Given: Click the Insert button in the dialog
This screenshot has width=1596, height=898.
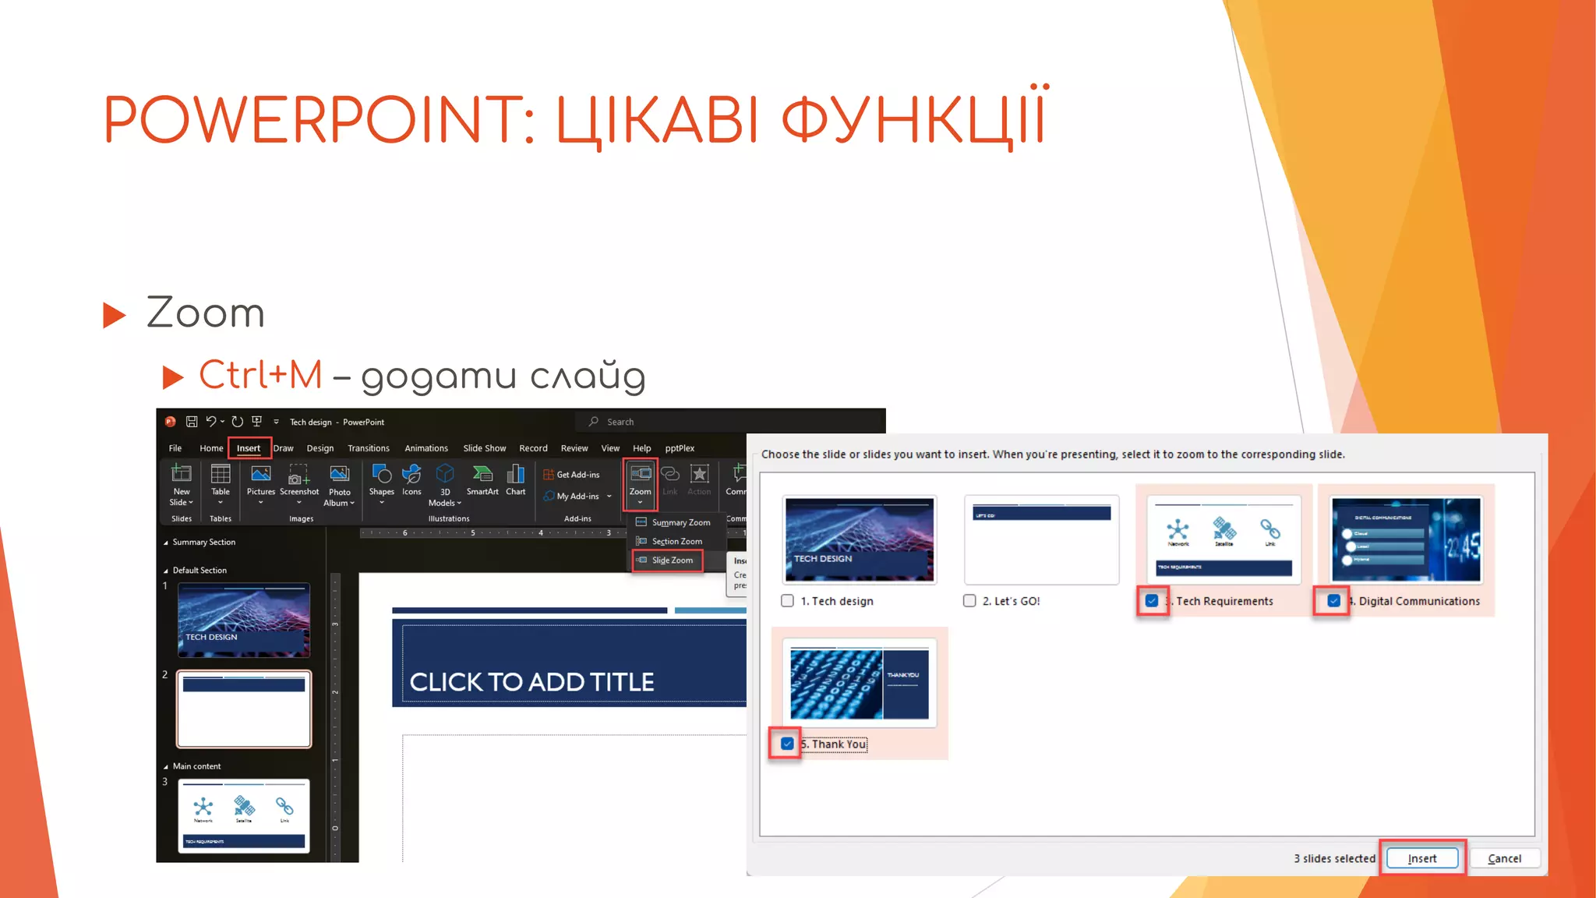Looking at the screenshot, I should tap(1422, 858).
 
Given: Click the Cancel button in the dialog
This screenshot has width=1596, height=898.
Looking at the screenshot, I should tap(1504, 858).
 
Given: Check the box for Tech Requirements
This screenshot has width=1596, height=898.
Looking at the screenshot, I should tap(1152, 601).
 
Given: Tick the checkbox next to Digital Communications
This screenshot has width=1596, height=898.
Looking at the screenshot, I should tap(1333, 601).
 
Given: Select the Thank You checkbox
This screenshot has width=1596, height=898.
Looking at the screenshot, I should tap(787, 744).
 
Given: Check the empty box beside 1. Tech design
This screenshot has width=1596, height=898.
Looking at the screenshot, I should tap(787, 601).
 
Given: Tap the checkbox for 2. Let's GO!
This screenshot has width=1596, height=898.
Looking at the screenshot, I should tap(969, 601).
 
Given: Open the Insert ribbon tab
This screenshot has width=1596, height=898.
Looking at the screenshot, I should tap(249, 448).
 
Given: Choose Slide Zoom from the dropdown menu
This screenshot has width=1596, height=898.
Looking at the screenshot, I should tap(672, 560).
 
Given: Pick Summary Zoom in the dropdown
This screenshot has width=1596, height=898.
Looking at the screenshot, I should tap(680, 522).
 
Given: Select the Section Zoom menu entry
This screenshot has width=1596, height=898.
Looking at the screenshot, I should tap(676, 542).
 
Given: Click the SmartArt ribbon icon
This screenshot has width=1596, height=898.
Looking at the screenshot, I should tap(482, 479).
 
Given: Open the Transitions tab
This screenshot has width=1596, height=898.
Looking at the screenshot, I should tap(369, 448).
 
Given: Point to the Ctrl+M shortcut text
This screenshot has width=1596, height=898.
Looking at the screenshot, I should tap(260, 375).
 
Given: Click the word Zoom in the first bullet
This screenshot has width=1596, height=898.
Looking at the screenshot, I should tap(206, 313).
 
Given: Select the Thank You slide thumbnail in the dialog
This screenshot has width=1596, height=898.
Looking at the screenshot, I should tap(859, 683).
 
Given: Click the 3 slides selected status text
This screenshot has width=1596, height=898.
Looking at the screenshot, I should tap(1334, 858).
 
